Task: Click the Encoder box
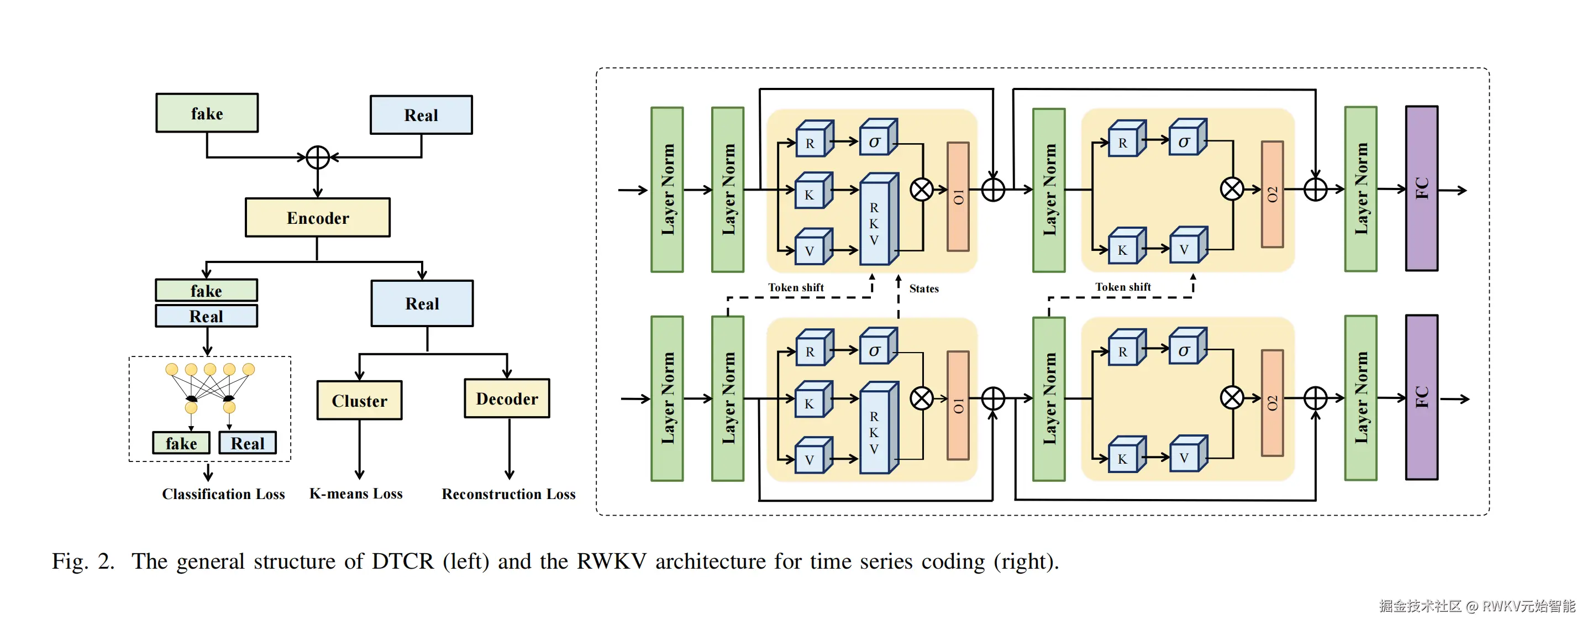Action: (318, 218)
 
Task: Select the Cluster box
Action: (360, 401)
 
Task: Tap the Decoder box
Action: (507, 399)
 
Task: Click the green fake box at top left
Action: (207, 113)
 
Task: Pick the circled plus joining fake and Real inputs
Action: (318, 158)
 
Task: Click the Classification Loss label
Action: (223, 494)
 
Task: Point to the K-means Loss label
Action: (355, 494)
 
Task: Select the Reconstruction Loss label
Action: (508, 494)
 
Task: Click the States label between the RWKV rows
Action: (924, 288)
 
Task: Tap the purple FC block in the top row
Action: (1421, 188)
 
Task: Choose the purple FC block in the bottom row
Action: (1421, 397)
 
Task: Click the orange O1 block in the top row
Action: (958, 197)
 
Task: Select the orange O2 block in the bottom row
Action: (1272, 403)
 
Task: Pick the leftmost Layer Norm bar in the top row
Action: (667, 190)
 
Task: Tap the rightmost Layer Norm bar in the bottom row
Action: (1360, 397)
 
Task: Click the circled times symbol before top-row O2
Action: (1232, 189)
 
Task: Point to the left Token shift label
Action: (795, 287)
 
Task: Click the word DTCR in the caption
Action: (402, 561)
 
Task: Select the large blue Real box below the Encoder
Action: (422, 303)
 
